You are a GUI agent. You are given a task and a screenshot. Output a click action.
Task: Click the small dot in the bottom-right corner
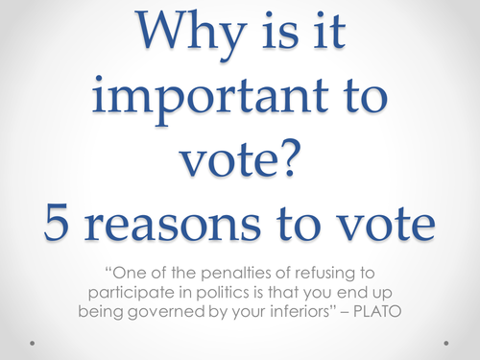pos(445,341)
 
